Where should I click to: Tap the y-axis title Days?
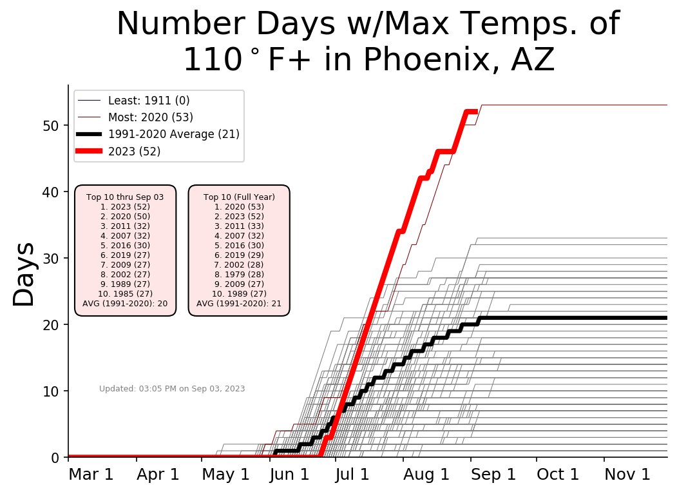click(25, 275)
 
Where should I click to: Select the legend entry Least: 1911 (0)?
click(148, 101)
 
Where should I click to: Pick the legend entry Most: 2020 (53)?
click(150, 117)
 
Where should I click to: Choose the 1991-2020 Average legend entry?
click(174, 134)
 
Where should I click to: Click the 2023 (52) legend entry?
click(134, 152)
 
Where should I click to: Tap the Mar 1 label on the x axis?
click(91, 475)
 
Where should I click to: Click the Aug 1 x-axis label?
click(426, 475)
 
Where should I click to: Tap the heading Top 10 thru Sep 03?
click(125, 197)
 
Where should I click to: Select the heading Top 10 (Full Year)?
click(239, 197)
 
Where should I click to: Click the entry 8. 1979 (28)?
click(239, 274)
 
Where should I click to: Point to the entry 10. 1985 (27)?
click(125, 293)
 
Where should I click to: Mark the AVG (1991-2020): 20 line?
click(125, 303)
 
